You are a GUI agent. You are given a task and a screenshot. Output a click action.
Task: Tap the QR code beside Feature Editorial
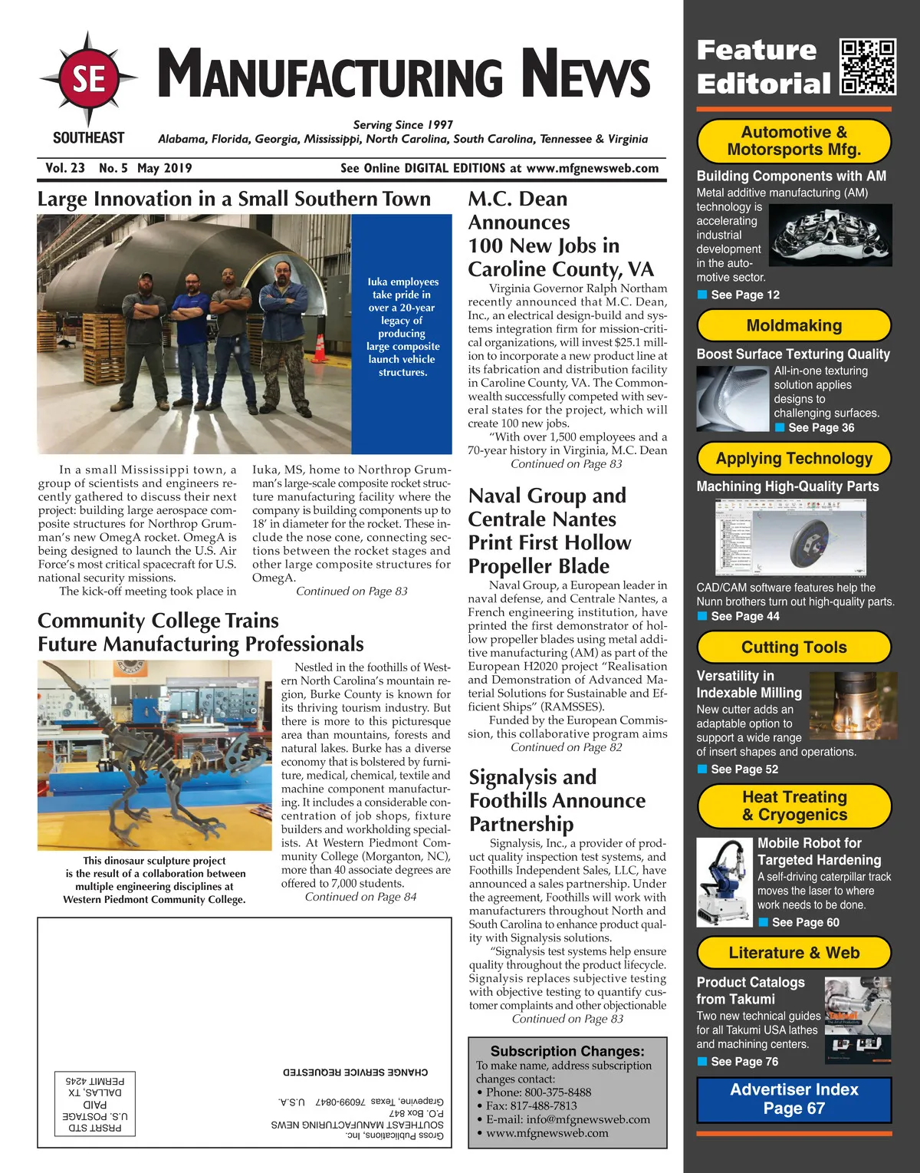868,67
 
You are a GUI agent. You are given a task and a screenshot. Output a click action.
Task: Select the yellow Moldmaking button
793,326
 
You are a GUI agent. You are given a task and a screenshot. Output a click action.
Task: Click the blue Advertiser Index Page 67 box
793,1099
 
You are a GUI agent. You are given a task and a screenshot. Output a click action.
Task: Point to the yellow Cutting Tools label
793,647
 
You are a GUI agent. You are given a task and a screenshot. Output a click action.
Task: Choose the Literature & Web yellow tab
793,953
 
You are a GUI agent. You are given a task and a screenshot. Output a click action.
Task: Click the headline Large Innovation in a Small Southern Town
234,199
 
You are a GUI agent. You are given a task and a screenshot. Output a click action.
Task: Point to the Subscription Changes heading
567,1051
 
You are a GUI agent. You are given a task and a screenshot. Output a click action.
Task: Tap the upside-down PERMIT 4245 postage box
96,1103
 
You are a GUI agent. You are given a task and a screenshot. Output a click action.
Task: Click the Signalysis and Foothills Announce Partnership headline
557,800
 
